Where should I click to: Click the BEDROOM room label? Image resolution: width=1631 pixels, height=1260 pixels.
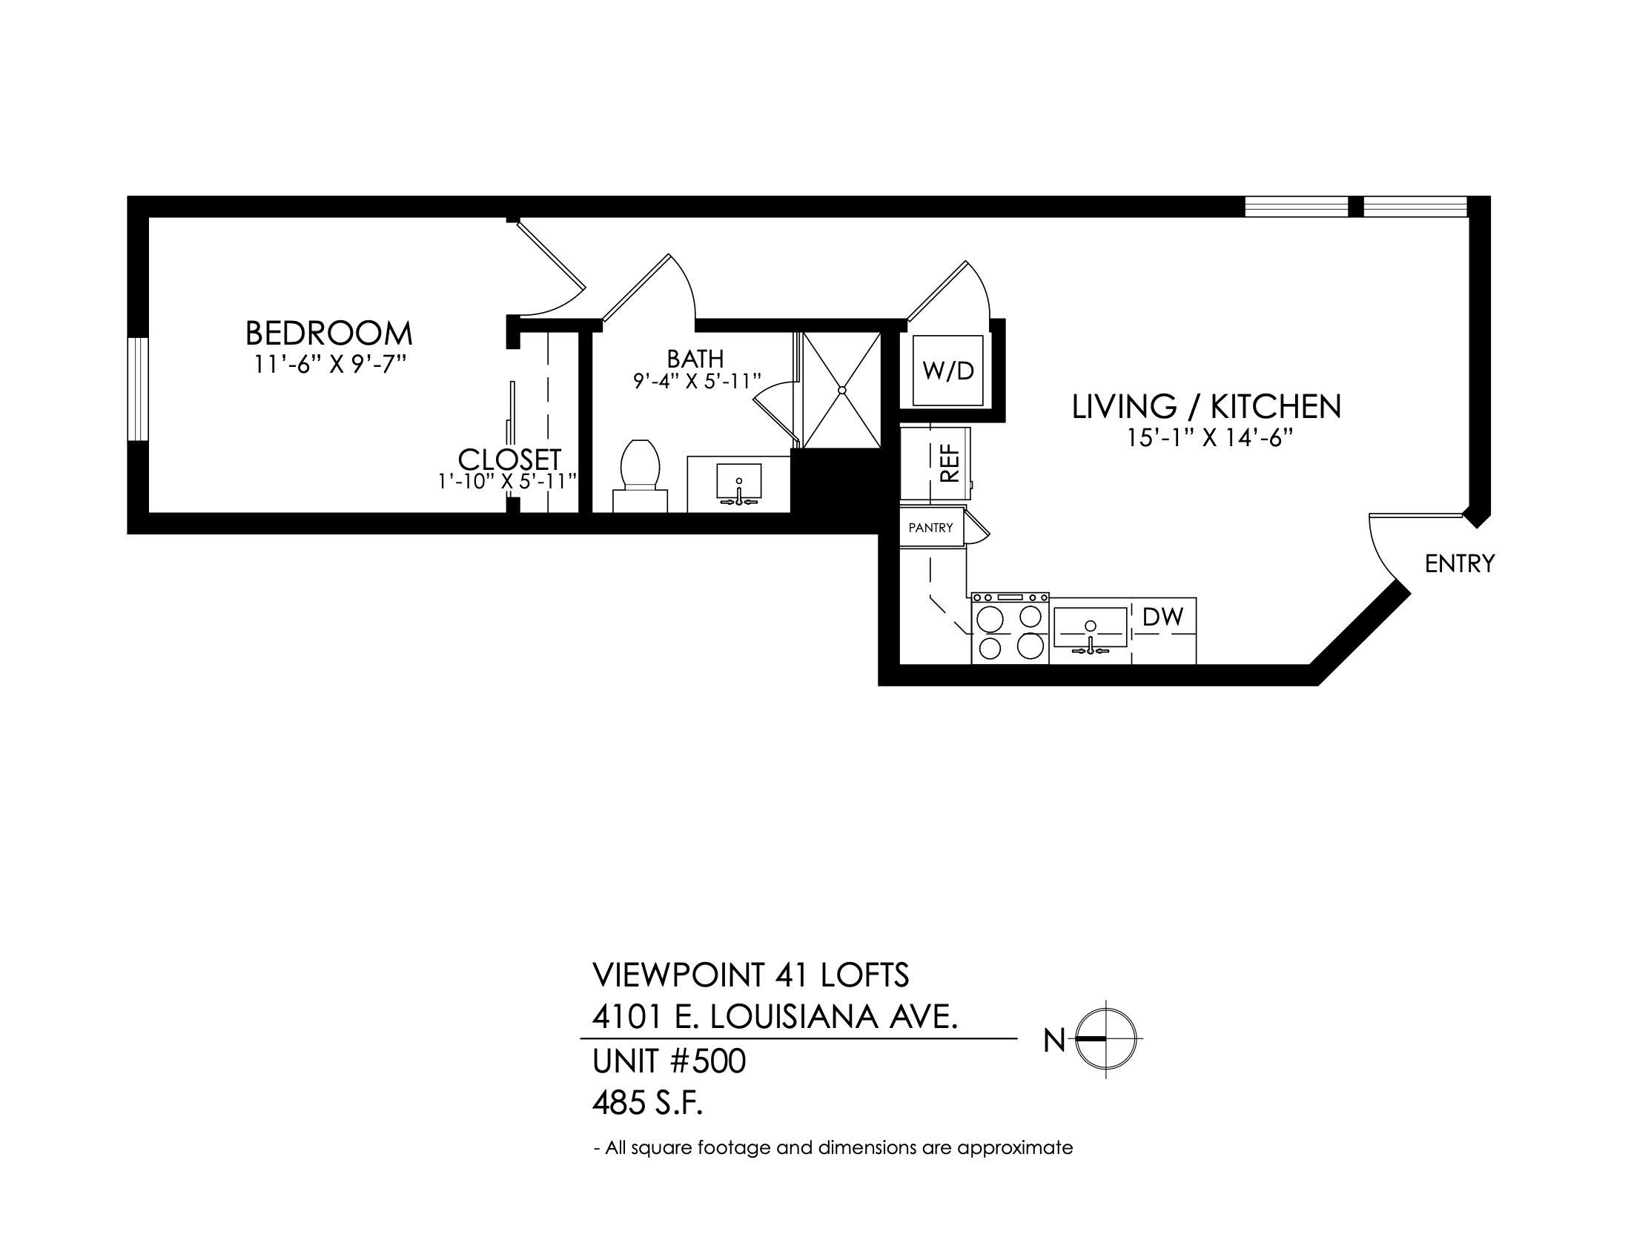[x=328, y=333]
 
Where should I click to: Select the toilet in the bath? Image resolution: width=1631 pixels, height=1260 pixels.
[x=640, y=476]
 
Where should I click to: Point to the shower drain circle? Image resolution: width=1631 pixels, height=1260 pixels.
[x=842, y=391]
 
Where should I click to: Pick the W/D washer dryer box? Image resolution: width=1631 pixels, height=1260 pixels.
[x=947, y=371]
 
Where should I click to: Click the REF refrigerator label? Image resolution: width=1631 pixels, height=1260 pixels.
[x=948, y=463]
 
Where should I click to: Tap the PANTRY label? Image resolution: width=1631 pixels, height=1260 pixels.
[x=930, y=528]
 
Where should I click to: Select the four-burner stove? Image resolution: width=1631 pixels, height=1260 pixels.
[x=1010, y=629]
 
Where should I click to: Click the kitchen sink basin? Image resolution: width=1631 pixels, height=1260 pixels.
[x=1091, y=627]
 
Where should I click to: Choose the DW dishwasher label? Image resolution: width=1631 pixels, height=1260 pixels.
[x=1163, y=617]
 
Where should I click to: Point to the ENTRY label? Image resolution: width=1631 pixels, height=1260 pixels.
[x=1460, y=563]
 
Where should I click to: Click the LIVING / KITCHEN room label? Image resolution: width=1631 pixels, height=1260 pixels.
[x=1207, y=407]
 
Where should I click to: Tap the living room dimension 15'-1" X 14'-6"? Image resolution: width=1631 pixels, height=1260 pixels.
[x=1210, y=438]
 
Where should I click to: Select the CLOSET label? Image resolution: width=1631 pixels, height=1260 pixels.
[x=509, y=458]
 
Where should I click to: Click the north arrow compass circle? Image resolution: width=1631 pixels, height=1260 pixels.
[x=1106, y=1038]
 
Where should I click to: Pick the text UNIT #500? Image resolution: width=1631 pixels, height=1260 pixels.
[x=669, y=1061]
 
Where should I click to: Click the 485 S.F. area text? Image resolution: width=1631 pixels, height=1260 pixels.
[x=648, y=1103]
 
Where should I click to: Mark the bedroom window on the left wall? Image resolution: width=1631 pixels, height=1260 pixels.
[x=138, y=389]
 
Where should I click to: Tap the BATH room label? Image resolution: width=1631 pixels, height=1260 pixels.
[x=695, y=359]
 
